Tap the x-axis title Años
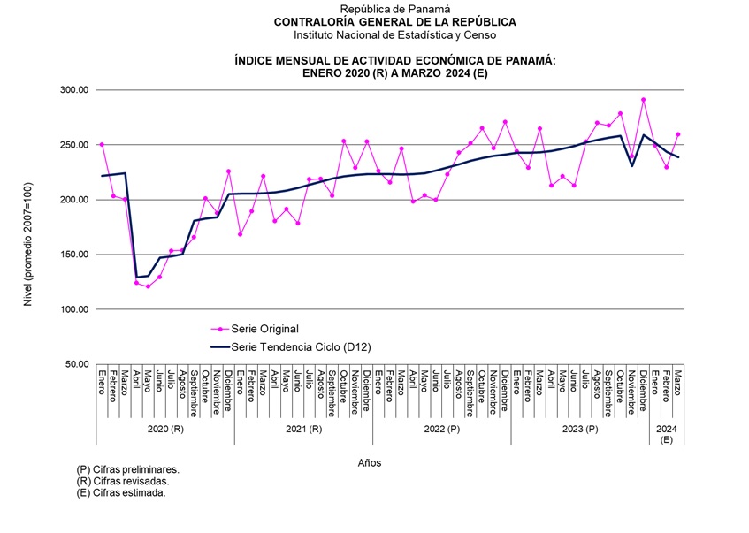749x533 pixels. coord(370,461)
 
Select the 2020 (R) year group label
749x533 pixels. coord(165,429)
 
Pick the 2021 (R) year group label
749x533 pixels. coord(303,429)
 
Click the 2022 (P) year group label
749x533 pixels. coord(441,429)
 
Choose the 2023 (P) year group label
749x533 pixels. coord(579,429)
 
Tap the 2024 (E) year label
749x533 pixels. coord(666,433)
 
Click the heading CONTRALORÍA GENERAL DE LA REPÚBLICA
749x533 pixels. coord(394,22)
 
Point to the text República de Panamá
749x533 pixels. coord(394,9)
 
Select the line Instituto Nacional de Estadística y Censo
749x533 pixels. coord(394,35)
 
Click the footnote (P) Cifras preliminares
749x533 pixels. coord(128,470)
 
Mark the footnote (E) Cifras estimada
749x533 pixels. coord(121,492)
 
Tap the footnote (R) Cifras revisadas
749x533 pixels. coord(123,482)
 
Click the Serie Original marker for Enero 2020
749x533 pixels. coord(102,144)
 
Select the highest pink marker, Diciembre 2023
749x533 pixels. coord(643,100)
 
